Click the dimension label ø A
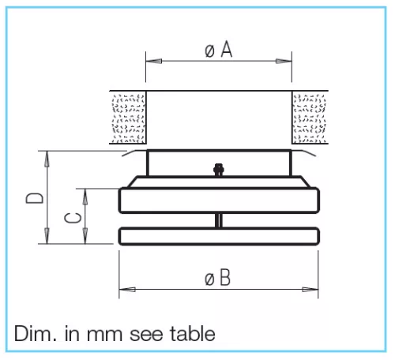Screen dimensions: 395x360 point(218,49)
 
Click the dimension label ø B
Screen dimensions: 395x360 point(217,277)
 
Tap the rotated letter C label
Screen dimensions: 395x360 point(73,218)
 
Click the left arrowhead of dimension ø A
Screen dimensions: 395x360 point(154,61)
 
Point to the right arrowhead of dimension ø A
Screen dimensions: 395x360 point(284,61)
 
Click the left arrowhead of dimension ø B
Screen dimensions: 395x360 point(127,290)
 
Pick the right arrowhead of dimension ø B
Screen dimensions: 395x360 point(310,290)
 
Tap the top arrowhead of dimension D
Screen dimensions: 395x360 point(47,159)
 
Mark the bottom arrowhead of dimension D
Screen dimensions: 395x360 point(47,236)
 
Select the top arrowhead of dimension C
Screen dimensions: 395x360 point(85,197)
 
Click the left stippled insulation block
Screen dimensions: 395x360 point(128,118)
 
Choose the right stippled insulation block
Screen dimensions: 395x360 point(309,118)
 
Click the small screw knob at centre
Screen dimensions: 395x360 point(219,170)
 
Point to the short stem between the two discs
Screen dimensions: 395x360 point(219,220)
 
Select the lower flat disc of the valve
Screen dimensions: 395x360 point(219,236)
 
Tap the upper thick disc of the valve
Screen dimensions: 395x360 point(219,201)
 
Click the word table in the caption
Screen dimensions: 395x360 point(193,333)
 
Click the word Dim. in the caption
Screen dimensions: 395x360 point(35,333)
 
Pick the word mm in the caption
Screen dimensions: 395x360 point(104,336)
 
